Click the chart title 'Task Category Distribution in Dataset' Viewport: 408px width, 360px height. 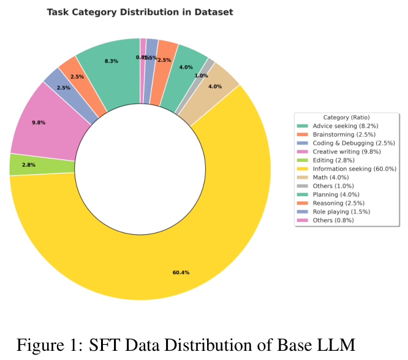[140, 12]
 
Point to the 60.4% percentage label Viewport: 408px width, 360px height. [181, 272]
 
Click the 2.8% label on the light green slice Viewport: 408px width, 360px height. [29, 165]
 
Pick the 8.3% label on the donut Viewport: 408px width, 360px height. [111, 61]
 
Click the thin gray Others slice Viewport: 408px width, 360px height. [210, 63]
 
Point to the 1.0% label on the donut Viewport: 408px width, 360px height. [201, 75]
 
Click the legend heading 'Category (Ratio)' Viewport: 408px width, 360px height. [346, 117]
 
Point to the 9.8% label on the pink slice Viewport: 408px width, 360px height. [38, 122]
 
